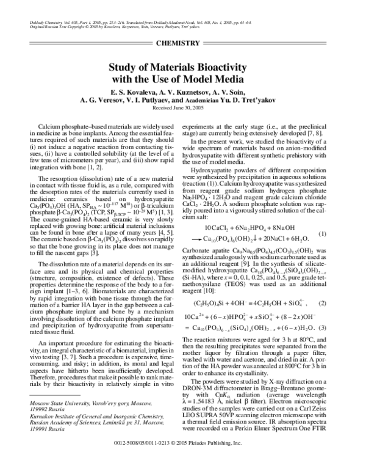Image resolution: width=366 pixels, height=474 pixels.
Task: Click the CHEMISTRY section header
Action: (x=182, y=43)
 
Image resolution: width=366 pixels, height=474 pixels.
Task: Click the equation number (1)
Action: (x=339, y=234)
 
